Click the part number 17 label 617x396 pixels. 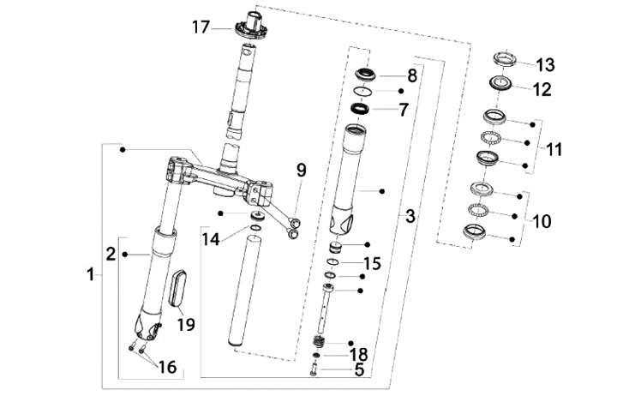pos(201,27)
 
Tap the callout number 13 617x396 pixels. pos(545,65)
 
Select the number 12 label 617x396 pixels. pos(542,90)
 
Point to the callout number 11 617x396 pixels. pos(554,150)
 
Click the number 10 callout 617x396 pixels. pos(542,221)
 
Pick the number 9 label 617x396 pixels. pos(301,171)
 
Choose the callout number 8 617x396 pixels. pos(411,75)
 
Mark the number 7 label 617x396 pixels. pos(404,110)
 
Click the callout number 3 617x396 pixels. pos(410,216)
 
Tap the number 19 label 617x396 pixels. pos(186,324)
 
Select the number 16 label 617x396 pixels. pos(167,367)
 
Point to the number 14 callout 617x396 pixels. pos(211,239)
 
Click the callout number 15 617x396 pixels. pos(372,263)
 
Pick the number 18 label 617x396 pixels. pos(358,354)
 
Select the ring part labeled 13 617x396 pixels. pos(506,58)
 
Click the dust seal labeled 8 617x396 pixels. pos(366,74)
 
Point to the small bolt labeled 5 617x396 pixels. pos(314,370)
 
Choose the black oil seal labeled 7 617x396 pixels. pos(360,108)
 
